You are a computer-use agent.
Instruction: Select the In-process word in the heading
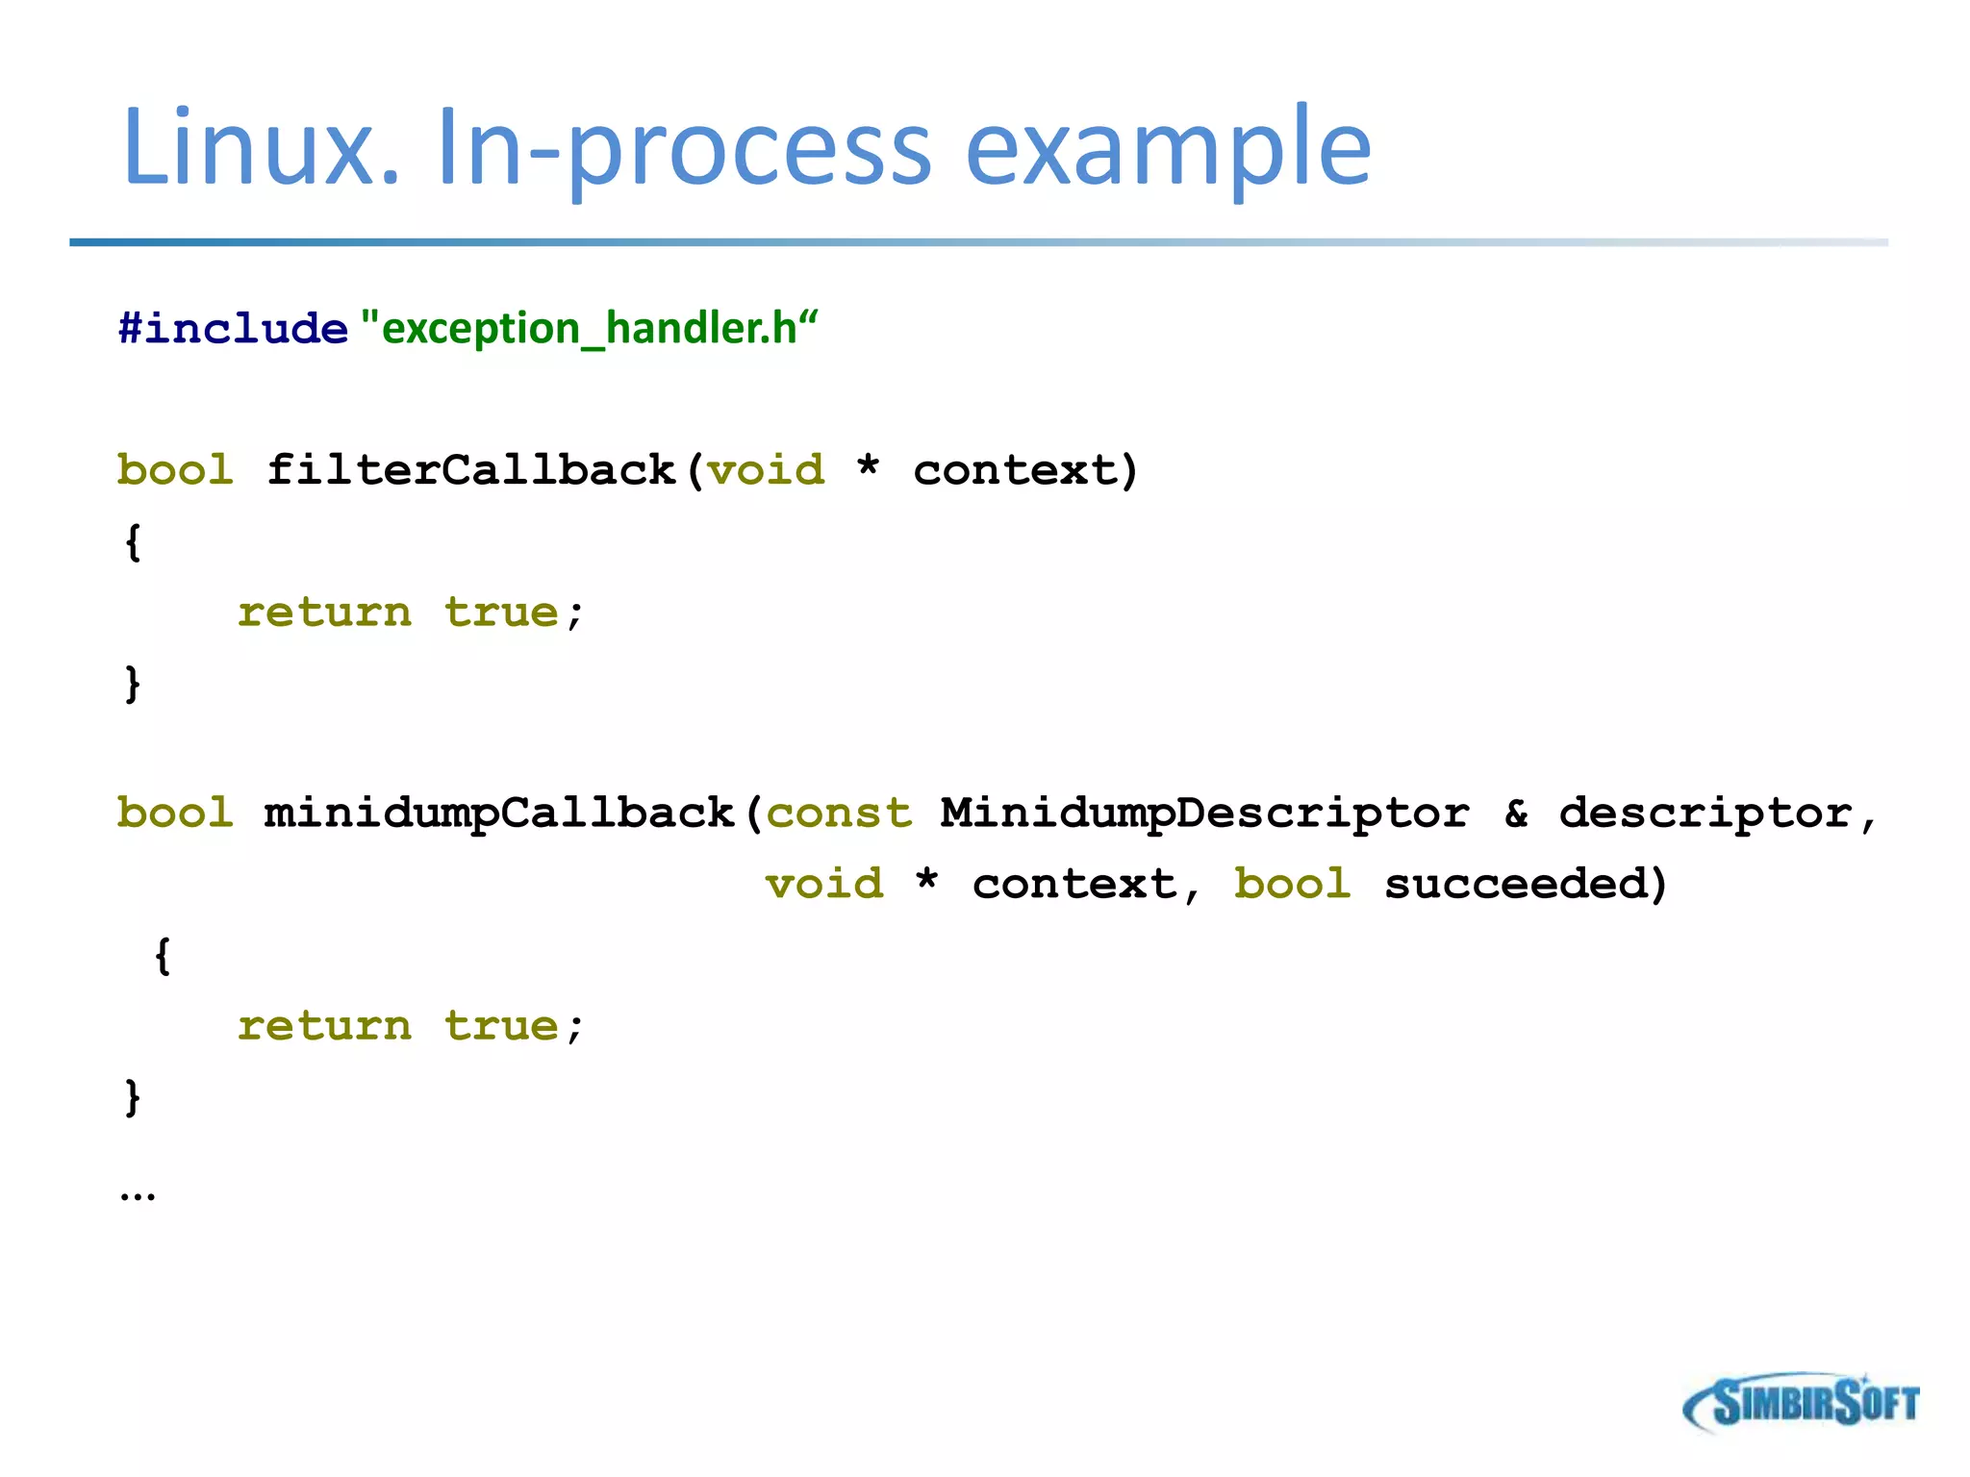pyautogui.click(x=683, y=149)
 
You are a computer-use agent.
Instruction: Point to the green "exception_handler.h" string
pyautogui.click(x=589, y=329)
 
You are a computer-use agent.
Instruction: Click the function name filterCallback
pyautogui.click(x=471, y=470)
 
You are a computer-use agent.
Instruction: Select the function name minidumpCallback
pyautogui.click(x=499, y=813)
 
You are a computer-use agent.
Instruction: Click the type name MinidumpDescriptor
pyautogui.click(x=1204, y=814)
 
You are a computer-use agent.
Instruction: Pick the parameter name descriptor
pyautogui.click(x=1705, y=814)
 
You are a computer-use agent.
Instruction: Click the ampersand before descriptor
pyautogui.click(x=1517, y=814)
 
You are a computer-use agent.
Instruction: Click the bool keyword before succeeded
pyautogui.click(x=1293, y=884)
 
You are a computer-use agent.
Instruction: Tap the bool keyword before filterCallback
pyautogui.click(x=175, y=470)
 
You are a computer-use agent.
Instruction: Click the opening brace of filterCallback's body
pyautogui.click(x=133, y=541)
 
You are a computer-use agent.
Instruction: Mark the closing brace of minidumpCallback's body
pyautogui.click(x=133, y=1096)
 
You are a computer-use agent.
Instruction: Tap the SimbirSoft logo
pyautogui.click(x=1801, y=1403)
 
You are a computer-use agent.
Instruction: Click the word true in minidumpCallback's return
pyautogui.click(x=501, y=1026)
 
